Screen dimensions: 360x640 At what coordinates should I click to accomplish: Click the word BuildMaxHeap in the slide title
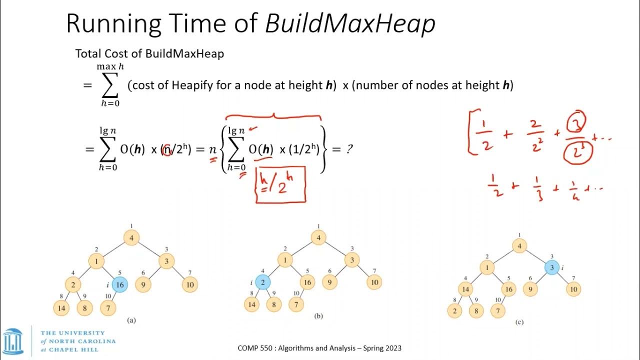point(350,23)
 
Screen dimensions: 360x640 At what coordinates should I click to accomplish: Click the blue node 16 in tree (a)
point(119,284)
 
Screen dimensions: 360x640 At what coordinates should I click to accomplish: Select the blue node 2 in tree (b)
point(262,282)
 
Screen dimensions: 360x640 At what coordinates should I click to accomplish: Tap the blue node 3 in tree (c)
point(552,267)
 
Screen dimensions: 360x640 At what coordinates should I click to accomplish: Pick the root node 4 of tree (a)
point(131,237)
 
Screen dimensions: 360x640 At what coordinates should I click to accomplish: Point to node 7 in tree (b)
point(297,304)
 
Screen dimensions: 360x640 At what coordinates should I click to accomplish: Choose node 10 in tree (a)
point(190,285)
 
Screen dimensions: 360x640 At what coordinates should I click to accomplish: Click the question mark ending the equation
point(349,148)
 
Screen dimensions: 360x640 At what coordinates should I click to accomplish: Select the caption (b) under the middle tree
point(318,316)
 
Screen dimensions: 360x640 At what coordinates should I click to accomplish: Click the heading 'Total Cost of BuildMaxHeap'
point(149,53)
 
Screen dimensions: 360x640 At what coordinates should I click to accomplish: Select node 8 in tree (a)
point(84,308)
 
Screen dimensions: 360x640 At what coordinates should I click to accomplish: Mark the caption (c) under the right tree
point(519,322)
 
